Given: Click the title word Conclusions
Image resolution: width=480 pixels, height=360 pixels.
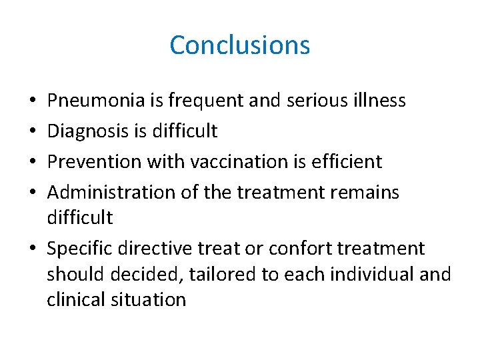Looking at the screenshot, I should pos(239,45).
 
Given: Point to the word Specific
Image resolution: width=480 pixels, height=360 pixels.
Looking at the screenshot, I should pos(79,249).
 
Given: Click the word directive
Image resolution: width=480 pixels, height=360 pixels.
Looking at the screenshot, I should pos(155,249).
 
